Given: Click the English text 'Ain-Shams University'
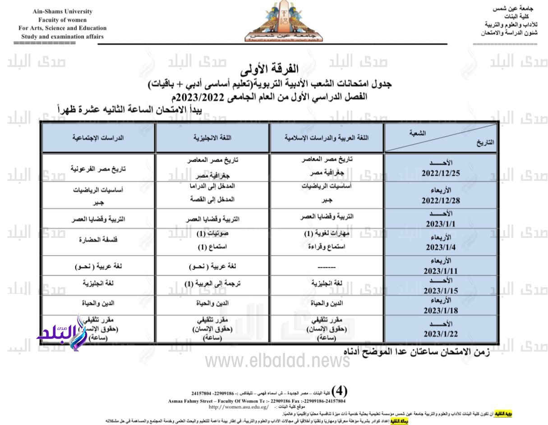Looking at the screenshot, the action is coord(63,12).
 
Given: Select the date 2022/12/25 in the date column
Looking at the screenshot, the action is coord(441,173).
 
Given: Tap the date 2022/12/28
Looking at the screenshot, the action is coord(441,201).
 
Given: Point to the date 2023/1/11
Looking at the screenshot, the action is coord(441,271).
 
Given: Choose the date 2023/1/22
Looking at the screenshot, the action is coord(441,334).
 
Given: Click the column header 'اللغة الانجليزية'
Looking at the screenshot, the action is coord(213,137).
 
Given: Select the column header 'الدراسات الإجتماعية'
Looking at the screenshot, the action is coord(98,137).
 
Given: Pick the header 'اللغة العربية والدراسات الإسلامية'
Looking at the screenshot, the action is coord(327,137).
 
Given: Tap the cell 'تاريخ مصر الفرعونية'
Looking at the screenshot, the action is coord(98,168).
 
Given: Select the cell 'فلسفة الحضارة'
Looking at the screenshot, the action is coord(98,240).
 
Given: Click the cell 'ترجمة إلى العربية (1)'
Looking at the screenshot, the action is coord(213,283).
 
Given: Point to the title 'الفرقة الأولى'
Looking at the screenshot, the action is coord(275,69).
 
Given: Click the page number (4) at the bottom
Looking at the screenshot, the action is coord(339,390).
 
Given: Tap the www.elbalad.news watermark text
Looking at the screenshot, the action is coord(277,360).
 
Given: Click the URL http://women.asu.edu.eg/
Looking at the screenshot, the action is coord(238,407).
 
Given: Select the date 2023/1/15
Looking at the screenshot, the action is coord(441,291).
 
